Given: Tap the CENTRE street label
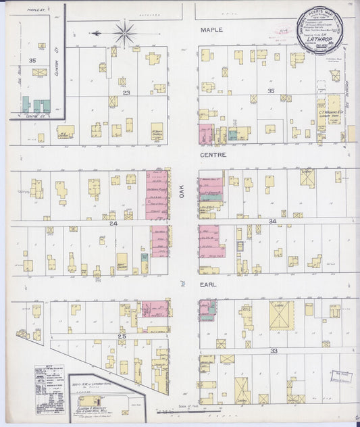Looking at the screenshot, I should tap(213, 155).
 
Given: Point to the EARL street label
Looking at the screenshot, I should tap(208, 286).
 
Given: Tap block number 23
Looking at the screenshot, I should tap(126, 93).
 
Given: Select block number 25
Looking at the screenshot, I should tap(122, 336).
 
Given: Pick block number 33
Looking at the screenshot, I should tap(274, 351).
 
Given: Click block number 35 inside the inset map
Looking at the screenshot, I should tap(32, 60).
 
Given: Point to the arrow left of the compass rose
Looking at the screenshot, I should tap(97, 32).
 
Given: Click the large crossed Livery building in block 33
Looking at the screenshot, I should tap(282, 315).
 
